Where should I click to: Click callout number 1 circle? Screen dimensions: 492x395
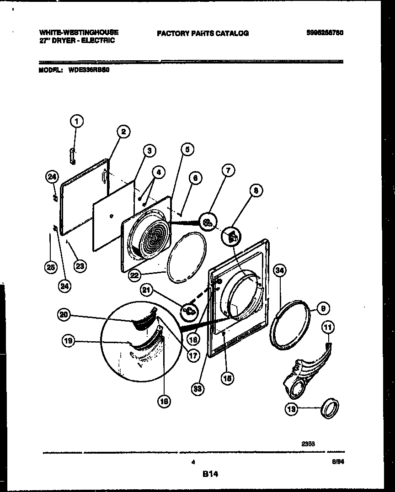tap(77, 122)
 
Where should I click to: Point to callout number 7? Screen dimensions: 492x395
tap(228, 171)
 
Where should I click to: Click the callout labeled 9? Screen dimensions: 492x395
tap(323, 309)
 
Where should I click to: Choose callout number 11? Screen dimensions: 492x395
tap(328, 327)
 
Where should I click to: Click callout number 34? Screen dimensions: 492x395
tap(280, 271)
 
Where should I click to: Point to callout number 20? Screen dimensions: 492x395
tap(64, 314)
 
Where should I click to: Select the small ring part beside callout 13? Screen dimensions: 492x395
tap(331, 408)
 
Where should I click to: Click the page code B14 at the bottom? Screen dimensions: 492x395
tap(210, 475)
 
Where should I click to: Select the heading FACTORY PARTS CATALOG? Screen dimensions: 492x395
tap(203, 33)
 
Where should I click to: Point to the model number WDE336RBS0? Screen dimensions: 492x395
tap(89, 71)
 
